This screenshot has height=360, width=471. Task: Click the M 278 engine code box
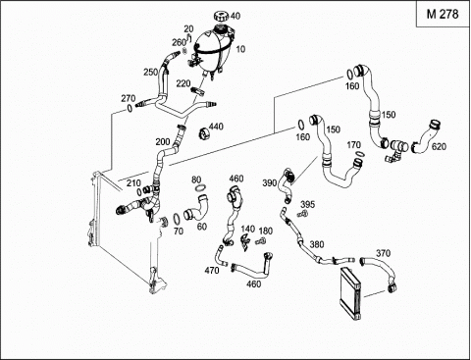(x=443, y=14)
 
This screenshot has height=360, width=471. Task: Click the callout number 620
(x=439, y=146)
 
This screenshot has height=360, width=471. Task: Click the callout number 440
(x=216, y=126)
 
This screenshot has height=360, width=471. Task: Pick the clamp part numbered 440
(x=204, y=133)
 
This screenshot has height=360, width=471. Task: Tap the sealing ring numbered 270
(x=130, y=108)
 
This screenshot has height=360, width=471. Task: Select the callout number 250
(x=151, y=72)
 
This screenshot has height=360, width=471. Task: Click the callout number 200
(x=163, y=142)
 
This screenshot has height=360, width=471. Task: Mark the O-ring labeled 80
(x=200, y=188)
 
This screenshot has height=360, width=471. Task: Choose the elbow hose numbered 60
(x=195, y=208)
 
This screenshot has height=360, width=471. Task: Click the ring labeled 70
(x=176, y=218)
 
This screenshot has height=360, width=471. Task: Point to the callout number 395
(x=307, y=205)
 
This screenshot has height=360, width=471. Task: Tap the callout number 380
(x=317, y=244)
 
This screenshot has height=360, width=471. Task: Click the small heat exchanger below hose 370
(x=351, y=293)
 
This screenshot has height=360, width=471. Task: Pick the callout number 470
(x=212, y=271)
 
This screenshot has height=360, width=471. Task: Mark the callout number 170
(x=353, y=145)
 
